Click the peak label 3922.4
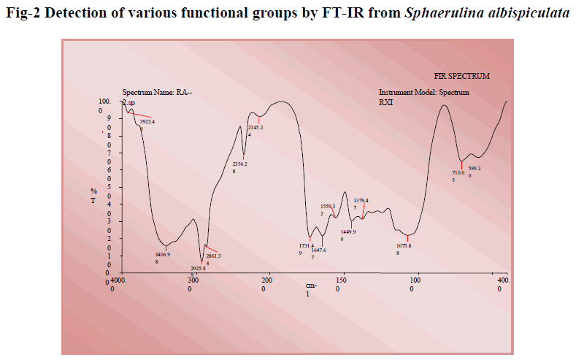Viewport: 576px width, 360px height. click(147, 121)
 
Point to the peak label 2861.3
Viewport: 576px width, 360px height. click(212, 256)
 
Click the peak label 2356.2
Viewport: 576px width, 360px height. click(239, 164)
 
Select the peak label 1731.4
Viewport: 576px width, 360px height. click(306, 245)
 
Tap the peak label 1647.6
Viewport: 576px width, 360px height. click(318, 250)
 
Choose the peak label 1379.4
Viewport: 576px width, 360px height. click(361, 200)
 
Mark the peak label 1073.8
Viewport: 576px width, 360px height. click(404, 245)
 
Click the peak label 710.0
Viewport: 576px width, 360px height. click(458, 173)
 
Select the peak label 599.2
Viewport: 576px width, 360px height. click(475, 169)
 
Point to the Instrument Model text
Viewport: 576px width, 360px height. click(423, 93)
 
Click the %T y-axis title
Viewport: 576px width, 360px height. click(93, 194)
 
